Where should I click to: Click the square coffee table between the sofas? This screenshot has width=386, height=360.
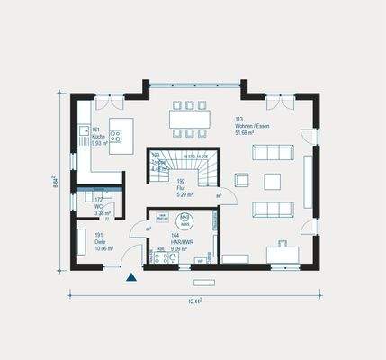pyautogui.click(x=271, y=182)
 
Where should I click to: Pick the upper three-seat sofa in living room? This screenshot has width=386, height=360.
pyautogui.click(x=271, y=153)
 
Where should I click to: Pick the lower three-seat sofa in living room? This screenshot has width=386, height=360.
pyautogui.click(x=271, y=210)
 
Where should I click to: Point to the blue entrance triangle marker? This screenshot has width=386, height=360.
pyautogui.click(x=131, y=277)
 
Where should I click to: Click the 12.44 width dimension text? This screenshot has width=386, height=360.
pyautogui.click(x=194, y=301)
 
